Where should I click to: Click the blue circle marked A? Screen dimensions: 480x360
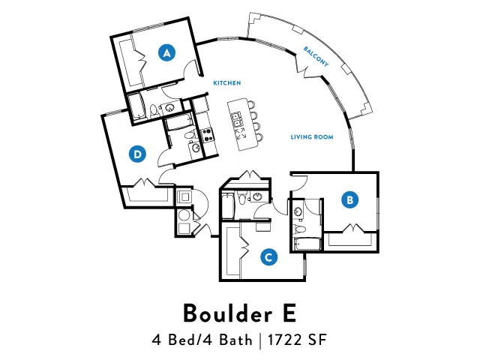point(166,52)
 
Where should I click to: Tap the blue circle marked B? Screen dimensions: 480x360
point(350,199)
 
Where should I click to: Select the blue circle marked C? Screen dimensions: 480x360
point(268,256)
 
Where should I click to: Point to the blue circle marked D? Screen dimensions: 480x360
point(137,154)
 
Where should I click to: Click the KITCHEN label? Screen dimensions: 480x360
point(227,83)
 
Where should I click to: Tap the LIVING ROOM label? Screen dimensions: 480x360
point(312,136)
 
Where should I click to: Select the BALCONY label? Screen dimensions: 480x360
point(316,56)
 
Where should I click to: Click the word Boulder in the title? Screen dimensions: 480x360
point(227,313)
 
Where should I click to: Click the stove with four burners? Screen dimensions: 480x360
point(207,135)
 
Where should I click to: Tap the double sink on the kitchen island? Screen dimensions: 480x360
point(237,119)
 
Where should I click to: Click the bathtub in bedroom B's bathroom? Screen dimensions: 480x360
point(307,244)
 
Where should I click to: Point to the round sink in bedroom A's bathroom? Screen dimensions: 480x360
point(169,108)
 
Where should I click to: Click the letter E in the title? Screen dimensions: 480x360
point(289,313)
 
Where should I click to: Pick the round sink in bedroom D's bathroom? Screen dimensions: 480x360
point(195,148)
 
